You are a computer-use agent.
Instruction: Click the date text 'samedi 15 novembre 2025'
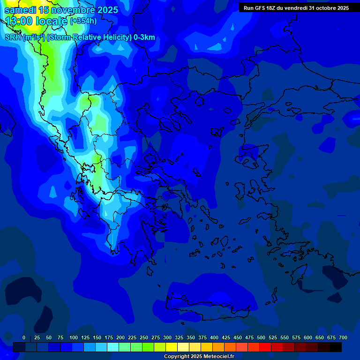click(61, 10)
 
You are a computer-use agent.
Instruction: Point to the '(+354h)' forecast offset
click(83, 21)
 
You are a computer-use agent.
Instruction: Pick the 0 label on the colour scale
click(24, 337)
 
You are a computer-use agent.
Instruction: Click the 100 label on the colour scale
click(74, 337)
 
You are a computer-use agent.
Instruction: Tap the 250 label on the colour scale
click(144, 337)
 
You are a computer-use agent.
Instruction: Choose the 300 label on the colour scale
click(167, 337)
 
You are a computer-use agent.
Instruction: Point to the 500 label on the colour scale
click(261, 337)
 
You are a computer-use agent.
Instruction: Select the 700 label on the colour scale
click(343, 337)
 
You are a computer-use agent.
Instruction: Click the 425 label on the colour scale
click(226, 337)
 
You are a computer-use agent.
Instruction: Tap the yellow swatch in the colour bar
click(172, 347)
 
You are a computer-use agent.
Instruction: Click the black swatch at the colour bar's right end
click(336, 347)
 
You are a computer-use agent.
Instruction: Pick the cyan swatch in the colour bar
click(113, 347)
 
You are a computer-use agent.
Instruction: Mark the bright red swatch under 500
click(265, 347)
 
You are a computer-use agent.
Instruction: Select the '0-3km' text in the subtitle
click(144, 37)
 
